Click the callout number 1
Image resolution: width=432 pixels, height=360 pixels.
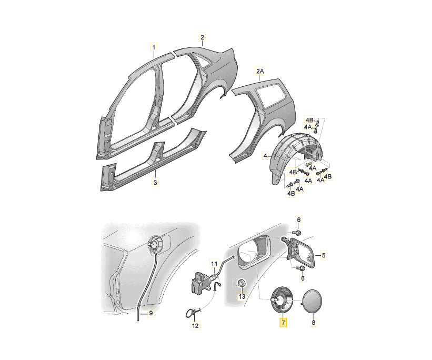point(154,47)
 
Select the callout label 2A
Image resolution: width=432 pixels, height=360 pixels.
point(260,72)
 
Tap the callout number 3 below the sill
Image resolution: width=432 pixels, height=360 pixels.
point(155,182)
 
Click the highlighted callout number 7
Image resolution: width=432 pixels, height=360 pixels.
point(283,322)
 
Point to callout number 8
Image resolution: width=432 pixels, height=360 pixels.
point(313,322)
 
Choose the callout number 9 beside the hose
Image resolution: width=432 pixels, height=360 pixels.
point(150,313)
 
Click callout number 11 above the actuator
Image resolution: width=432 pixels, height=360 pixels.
point(214,264)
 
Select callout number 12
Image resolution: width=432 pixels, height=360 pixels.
point(195,326)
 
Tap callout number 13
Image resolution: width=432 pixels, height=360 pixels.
point(242,297)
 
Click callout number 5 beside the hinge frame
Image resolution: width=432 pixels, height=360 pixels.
point(324,256)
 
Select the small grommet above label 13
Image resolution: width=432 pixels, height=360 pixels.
point(242,283)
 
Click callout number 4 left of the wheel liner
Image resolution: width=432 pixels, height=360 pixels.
point(265,156)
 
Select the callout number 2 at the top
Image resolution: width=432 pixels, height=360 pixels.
point(203,37)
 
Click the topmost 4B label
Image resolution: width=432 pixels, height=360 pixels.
point(309,120)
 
